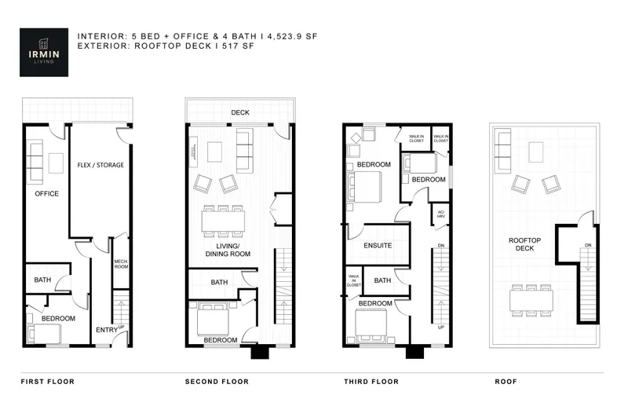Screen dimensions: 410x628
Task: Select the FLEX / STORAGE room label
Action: tap(100, 165)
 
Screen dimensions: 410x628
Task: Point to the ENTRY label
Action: tap(105, 330)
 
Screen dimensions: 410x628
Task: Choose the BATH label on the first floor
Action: tap(42, 279)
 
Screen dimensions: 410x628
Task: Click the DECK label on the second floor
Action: tap(240, 112)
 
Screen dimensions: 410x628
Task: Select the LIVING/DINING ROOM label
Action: tap(228, 250)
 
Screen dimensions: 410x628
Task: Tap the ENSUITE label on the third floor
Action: tap(378, 245)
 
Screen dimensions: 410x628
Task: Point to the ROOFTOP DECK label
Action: tap(522, 245)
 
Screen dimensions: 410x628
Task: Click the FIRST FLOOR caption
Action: tap(47, 382)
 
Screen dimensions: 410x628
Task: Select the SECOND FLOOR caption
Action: tap(217, 382)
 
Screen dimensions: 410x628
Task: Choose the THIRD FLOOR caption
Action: tap(371, 382)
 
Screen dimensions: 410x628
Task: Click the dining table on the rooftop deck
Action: tap(531, 300)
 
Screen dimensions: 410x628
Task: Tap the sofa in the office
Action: tap(35, 161)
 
